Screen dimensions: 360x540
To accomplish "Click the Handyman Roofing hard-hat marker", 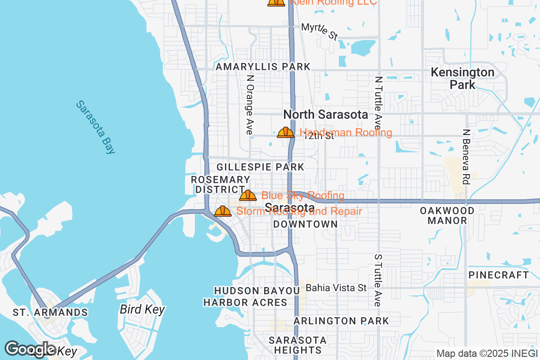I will pyautogui.click(x=285, y=132).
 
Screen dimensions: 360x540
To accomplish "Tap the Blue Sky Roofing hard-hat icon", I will pyautogui.click(x=247, y=195).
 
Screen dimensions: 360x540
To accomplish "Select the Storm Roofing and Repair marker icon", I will pyautogui.click(x=222, y=211).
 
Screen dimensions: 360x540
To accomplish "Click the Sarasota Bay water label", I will pyautogui.click(x=96, y=127).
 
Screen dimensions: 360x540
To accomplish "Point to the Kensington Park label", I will pyautogui.click(x=462, y=78).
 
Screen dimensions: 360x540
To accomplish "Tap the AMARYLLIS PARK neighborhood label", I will pyautogui.click(x=263, y=67).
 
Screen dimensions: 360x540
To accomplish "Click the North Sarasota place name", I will pyautogui.click(x=325, y=115).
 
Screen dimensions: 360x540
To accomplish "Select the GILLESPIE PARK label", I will pyautogui.click(x=260, y=167).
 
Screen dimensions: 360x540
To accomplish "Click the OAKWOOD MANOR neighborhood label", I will pyautogui.click(x=447, y=216).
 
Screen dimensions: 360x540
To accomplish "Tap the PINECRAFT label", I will pyautogui.click(x=499, y=274).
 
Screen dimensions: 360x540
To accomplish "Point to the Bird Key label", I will pyautogui.click(x=142, y=310).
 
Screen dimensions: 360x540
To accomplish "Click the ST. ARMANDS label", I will pyautogui.click(x=50, y=312).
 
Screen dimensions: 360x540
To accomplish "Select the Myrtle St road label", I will pyautogui.click(x=319, y=31).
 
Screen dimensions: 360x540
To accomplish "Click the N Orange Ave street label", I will pyautogui.click(x=250, y=105).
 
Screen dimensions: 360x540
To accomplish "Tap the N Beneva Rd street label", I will pyautogui.click(x=466, y=157).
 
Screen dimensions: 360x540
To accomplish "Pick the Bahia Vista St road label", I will pyautogui.click(x=336, y=287).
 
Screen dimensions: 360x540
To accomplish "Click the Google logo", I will pyautogui.click(x=31, y=349).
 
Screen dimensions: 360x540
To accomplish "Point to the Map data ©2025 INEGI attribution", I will pyautogui.click(x=486, y=354).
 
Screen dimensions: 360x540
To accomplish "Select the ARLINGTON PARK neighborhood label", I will pyautogui.click(x=341, y=321).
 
